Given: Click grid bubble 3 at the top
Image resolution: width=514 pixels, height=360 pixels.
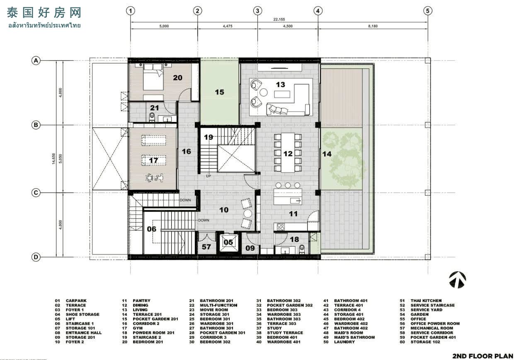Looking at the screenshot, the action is pos(257,11).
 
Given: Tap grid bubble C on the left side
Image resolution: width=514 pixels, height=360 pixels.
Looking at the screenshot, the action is pos(36,192).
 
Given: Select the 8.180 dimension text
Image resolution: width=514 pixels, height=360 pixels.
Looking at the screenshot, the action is pos(373,26).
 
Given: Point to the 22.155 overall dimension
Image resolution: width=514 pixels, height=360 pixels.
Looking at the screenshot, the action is pos(279,19).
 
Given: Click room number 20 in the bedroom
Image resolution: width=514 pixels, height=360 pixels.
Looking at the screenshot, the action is pos(177,78).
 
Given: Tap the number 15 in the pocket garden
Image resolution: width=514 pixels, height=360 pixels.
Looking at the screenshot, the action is pos(219,92).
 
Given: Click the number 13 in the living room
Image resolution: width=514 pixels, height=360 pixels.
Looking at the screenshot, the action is pos(280,85).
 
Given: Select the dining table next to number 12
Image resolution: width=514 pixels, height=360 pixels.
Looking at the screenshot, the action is pos(288,153).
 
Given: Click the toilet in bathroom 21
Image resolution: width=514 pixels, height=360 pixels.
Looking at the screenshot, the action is pos(152,117).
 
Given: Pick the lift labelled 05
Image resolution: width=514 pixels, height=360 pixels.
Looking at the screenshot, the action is pos(228,243).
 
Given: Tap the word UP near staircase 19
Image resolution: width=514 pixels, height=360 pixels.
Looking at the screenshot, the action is pos(209,176).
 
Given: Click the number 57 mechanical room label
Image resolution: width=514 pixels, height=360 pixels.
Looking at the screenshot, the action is pos(206,247).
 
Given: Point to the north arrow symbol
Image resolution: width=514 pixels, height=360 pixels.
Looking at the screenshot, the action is pos(457,280).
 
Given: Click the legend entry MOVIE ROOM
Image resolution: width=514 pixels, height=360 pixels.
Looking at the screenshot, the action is pos(214,310).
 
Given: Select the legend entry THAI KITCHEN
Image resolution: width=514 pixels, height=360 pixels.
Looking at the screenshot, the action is pos(426,301).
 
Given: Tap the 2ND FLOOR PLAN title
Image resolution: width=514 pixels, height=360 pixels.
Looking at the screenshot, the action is pos(483,356).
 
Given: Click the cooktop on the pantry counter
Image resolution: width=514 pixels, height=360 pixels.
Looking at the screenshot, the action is pos(281,227).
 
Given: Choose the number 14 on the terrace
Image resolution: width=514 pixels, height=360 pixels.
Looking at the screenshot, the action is pos(327,154).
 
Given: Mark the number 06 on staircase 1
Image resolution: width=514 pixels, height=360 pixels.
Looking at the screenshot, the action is pos(151,229).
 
